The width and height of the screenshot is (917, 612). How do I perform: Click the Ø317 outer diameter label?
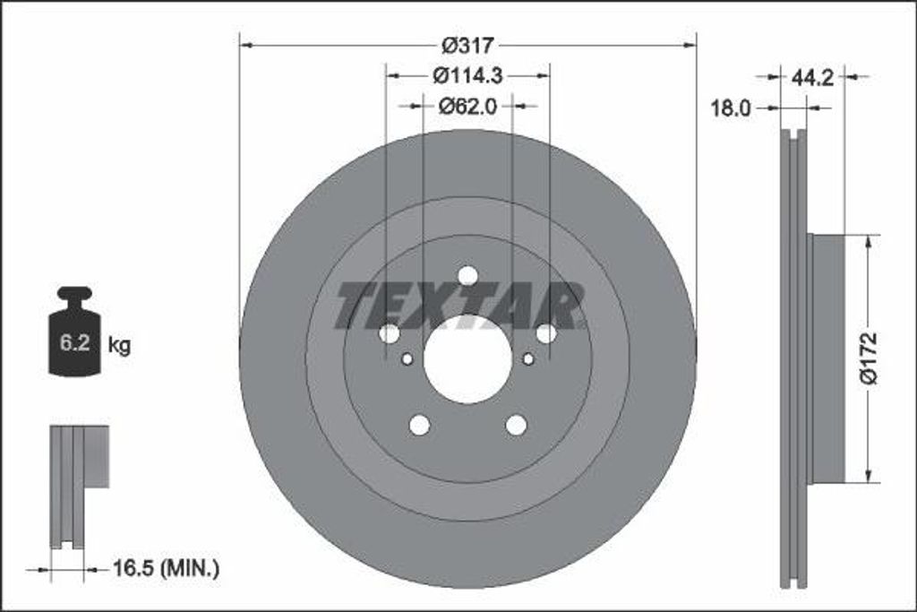coord(467,45)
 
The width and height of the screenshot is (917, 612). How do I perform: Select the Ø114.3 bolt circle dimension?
coord(467,76)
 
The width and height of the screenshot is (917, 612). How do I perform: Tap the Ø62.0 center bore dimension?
coord(467,107)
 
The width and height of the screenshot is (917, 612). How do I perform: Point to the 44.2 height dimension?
coord(812,77)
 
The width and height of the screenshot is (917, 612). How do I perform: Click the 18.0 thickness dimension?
coord(730,108)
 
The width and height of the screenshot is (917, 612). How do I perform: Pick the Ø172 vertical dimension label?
coord(869,358)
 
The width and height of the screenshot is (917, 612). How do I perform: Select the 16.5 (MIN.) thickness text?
coord(166,567)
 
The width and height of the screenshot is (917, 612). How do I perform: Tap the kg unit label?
coord(119,345)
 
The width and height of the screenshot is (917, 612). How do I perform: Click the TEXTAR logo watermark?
coord(459,305)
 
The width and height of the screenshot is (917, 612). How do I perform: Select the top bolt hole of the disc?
coord(467,276)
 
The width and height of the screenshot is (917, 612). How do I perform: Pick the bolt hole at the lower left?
coord(419,425)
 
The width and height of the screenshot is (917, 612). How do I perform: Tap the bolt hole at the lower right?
coord(516,425)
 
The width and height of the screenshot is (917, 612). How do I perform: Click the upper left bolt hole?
coord(389,333)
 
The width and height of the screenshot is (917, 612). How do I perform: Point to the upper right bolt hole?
coord(546,333)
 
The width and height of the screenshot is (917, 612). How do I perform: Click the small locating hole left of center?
coord(407,359)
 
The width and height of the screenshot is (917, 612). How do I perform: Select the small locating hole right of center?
coord(527,359)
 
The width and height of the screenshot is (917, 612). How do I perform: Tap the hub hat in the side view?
coord(826,358)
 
